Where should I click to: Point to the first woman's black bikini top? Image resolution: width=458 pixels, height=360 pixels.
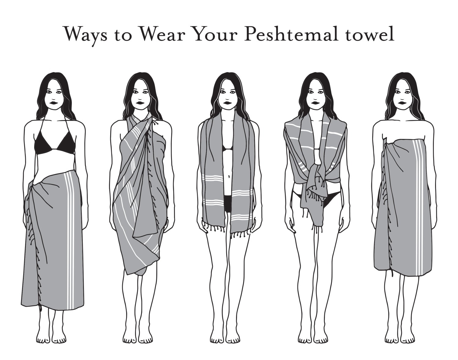point(55,142)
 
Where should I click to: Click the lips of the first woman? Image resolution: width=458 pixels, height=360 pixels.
point(53,103)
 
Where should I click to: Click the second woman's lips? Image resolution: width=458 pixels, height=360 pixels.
point(140,103)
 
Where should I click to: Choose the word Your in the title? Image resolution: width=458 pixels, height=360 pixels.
point(215,34)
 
